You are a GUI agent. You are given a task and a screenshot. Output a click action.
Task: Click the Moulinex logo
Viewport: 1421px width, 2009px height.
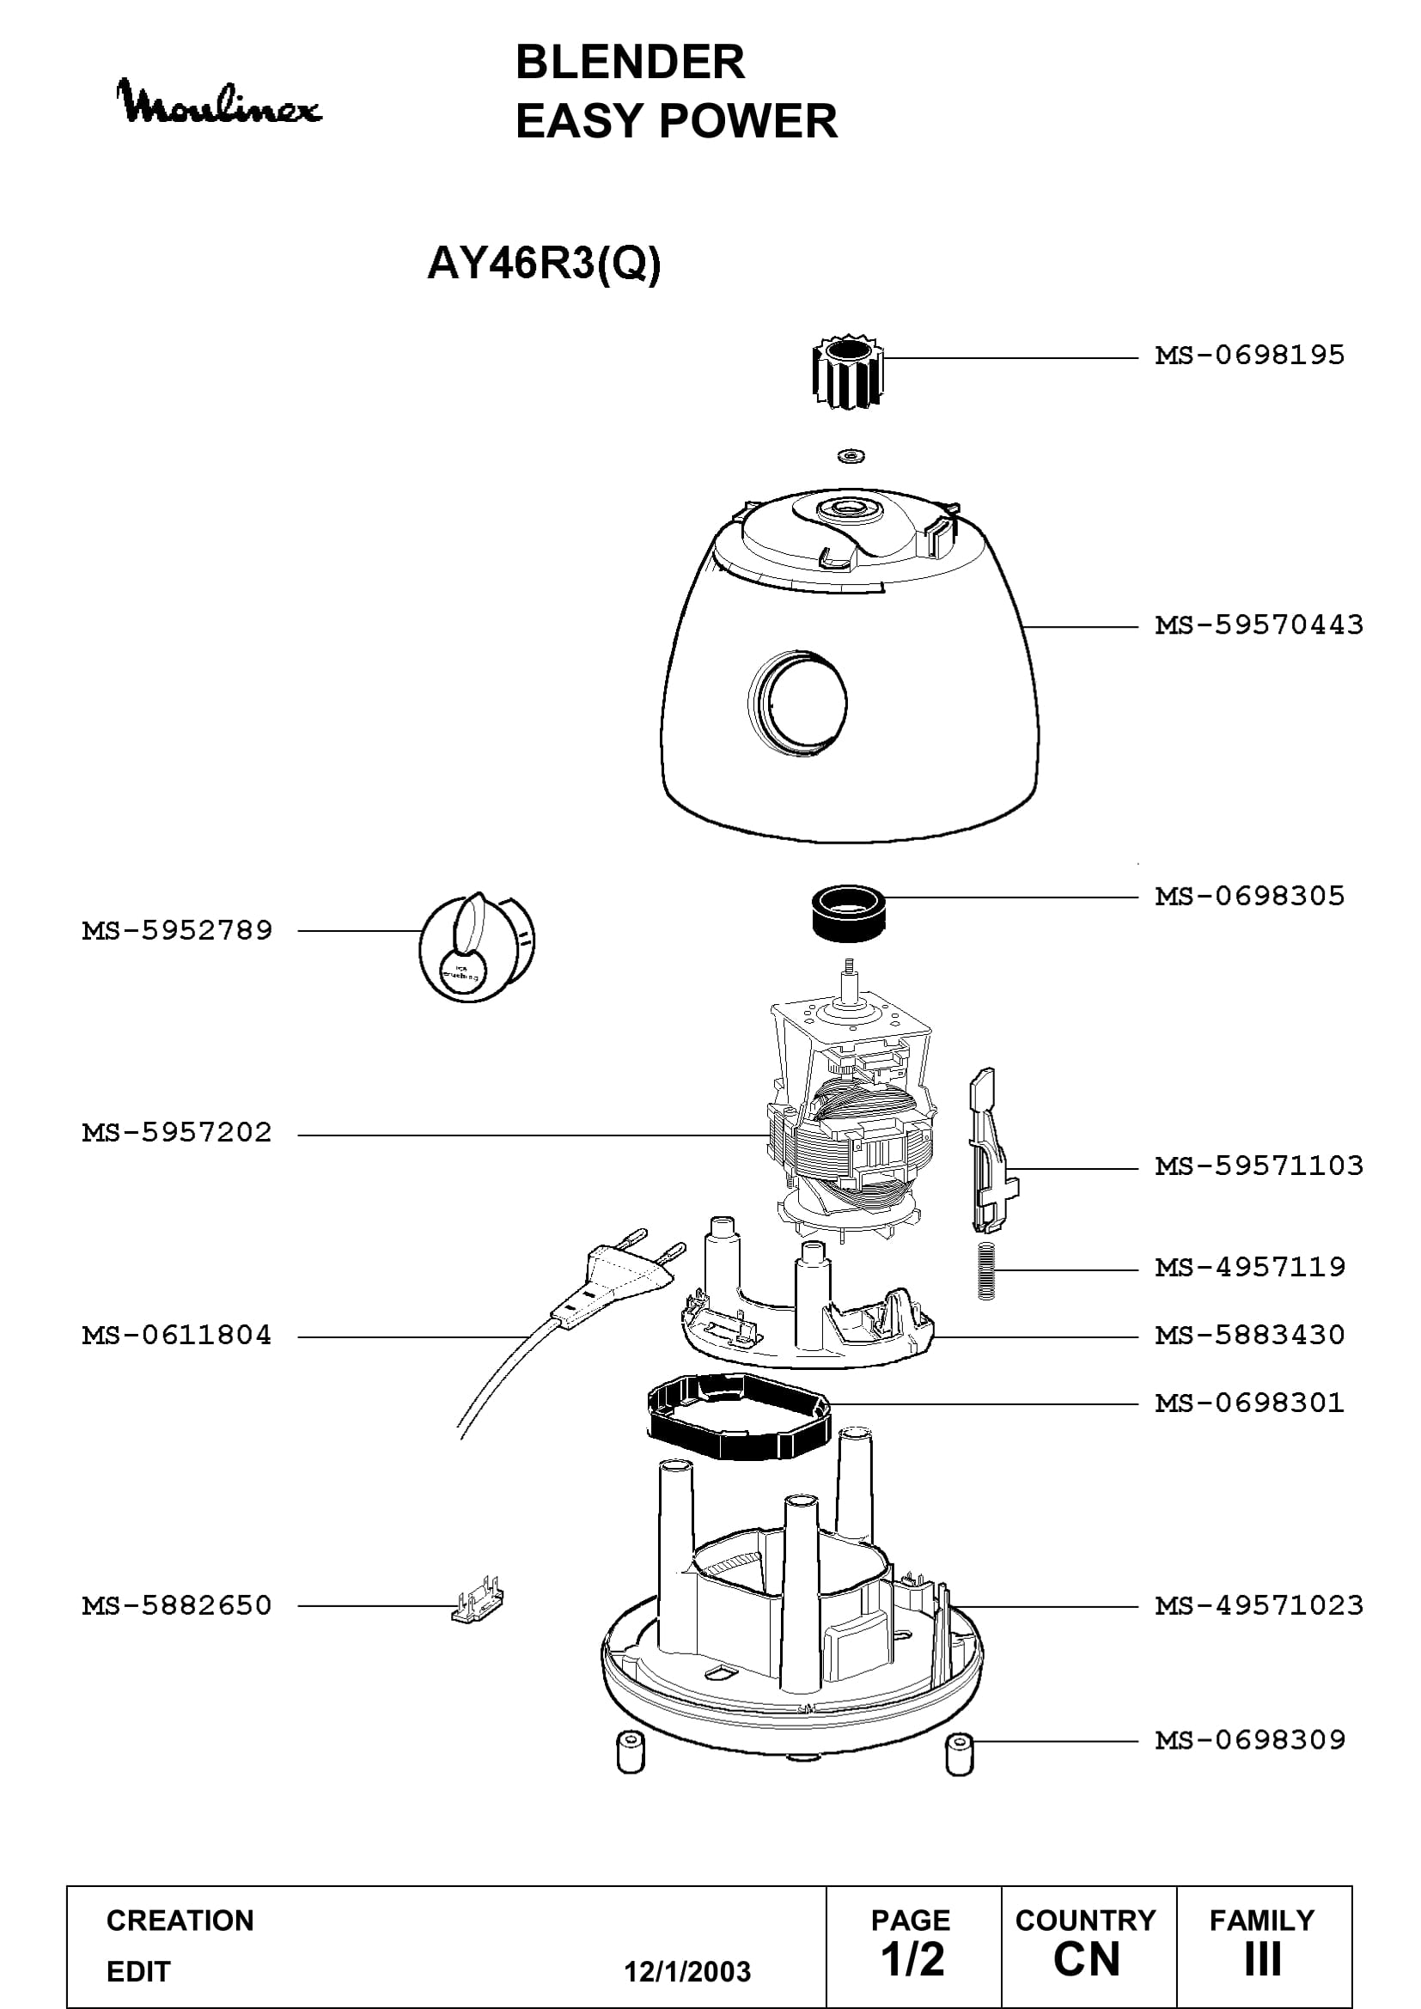pyautogui.click(x=219, y=102)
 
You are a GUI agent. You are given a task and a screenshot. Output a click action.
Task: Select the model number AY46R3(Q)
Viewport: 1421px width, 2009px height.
pyautogui.click(x=543, y=263)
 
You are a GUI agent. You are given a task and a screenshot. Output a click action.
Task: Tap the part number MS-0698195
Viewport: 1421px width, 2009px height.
pyautogui.click(x=1249, y=356)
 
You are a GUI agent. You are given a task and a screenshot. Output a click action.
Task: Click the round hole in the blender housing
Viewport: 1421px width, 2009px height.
pyautogui.click(x=798, y=703)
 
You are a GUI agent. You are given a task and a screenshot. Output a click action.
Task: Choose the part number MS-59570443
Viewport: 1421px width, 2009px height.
pyautogui.click(x=1259, y=624)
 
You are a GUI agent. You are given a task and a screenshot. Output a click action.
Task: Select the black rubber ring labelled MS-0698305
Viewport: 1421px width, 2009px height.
pyautogui.click(x=849, y=914)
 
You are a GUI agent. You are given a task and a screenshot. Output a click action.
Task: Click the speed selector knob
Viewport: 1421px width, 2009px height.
pyautogui.click(x=477, y=947)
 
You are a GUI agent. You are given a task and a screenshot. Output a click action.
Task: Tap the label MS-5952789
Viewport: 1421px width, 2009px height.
pyautogui.click(x=177, y=930)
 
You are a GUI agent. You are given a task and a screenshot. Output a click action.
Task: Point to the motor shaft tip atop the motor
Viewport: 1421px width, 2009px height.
pyautogui.click(x=847, y=964)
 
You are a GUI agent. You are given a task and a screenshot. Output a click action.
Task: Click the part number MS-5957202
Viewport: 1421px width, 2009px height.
pyautogui.click(x=177, y=1132)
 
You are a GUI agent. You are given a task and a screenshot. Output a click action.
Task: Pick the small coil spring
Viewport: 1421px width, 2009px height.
pyautogui.click(x=986, y=1271)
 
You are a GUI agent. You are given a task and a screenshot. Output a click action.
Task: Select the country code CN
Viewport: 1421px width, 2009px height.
pyautogui.click(x=1087, y=1959)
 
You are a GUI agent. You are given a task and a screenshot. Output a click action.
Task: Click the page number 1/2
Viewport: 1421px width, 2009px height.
pyautogui.click(x=912, y=1959)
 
